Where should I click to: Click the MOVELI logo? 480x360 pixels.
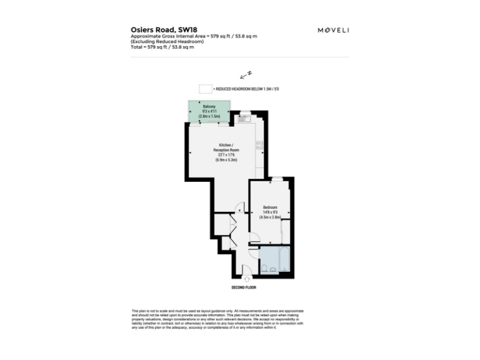[x=333, y=30]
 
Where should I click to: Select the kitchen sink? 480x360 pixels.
[x=244, y=117]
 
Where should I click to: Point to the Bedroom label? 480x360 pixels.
[x=269, y=207]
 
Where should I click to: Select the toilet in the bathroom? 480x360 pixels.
[x=264, y=268]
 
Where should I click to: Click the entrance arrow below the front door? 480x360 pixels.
[x=246, y=278]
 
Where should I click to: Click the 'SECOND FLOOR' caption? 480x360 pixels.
[x=244, y=287]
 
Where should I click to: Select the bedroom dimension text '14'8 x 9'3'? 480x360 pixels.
[x=269, y=212]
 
